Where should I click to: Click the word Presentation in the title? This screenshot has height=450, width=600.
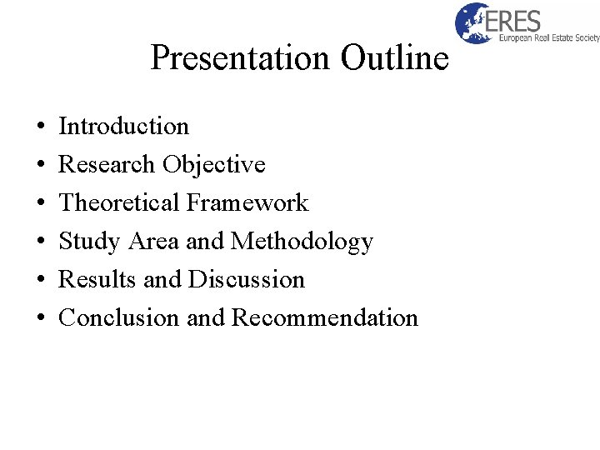[x=240, y=58]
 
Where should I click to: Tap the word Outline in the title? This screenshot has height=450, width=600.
[x=393, y=58]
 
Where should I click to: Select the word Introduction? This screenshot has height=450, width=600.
[x=124, y=127]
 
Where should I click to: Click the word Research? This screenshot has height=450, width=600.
[x=107, y=165]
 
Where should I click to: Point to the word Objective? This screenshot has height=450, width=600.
[x=214, y=165]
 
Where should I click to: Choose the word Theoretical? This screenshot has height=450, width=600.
[x=119, y=203]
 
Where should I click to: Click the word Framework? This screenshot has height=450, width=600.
[x=247, y=203]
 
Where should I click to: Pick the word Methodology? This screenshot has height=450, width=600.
[x=302, y=242]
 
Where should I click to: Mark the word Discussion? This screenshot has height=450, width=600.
[x=247, y=280]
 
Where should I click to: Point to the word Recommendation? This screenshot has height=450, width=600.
[x=325, y=318]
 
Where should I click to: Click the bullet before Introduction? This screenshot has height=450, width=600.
[x=41, y=127]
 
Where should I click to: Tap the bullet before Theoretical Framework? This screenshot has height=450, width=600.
[x=41, y=204]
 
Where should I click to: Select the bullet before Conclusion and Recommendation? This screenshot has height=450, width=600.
[x=41, y=319]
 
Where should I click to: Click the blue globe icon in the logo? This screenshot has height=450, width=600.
[x=473, y=22]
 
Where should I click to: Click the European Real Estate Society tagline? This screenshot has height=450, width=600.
[x=548, y=37]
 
